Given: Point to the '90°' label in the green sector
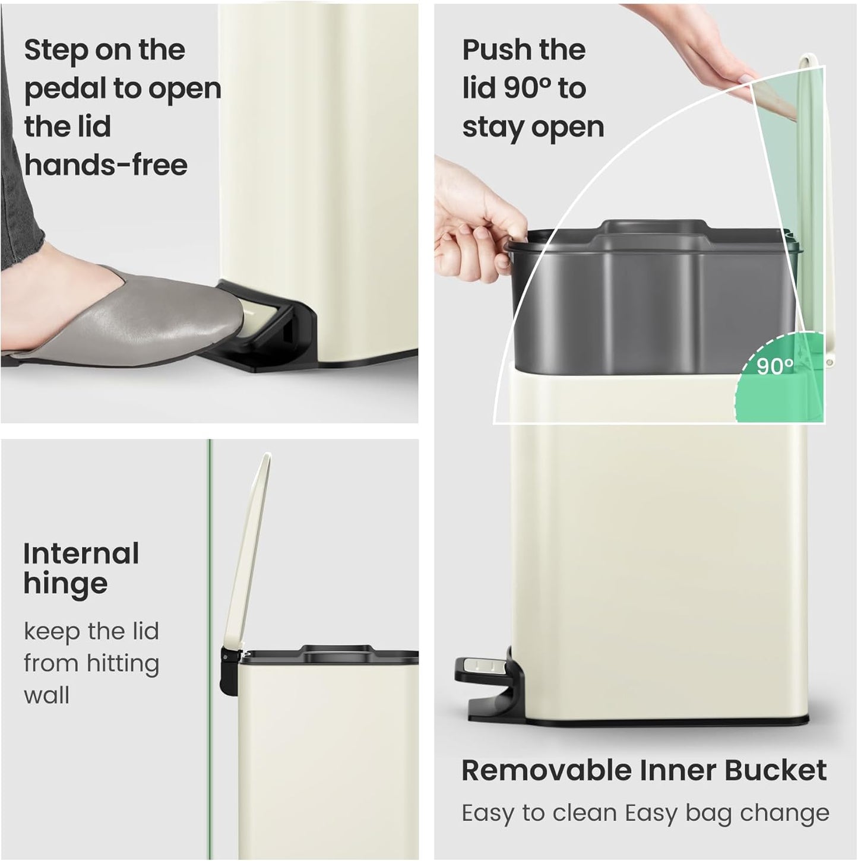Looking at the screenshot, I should click(x=775, y=366).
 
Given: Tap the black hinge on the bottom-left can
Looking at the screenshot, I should click(x=227, y=671).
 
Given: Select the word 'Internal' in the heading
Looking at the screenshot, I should click(x=81, y=553).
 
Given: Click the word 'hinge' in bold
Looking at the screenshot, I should click(x=65, y=584).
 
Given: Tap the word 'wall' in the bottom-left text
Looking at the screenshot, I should click(x=46, y=695).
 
